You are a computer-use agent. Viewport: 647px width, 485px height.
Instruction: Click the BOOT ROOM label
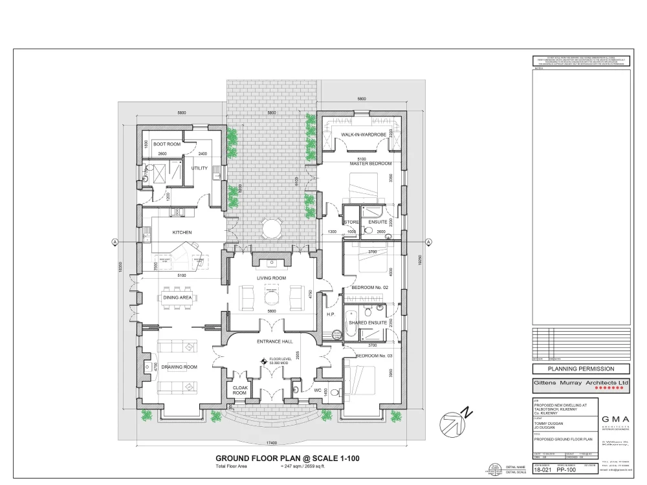coord(166,144)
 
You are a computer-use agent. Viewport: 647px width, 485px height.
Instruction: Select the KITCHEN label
coord(182,232)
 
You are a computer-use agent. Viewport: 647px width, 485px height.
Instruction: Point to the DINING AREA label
coord(177,297)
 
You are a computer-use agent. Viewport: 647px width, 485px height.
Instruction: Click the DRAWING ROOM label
coord(179,367)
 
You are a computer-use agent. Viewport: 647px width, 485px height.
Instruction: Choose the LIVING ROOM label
coord(271,278)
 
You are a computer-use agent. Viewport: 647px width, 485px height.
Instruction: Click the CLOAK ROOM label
coord(240,389)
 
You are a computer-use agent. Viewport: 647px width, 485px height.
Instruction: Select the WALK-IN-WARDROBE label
coord(364,135)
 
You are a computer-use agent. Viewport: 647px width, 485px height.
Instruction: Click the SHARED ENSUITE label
coord(367,321)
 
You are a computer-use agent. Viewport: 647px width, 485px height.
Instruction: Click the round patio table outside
coord(271,228)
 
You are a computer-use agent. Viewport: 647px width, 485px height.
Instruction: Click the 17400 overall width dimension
coord(271,442)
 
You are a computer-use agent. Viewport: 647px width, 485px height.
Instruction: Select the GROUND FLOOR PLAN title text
coord(287,458)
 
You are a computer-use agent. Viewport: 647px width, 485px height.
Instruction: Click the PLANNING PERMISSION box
coord(580,369)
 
